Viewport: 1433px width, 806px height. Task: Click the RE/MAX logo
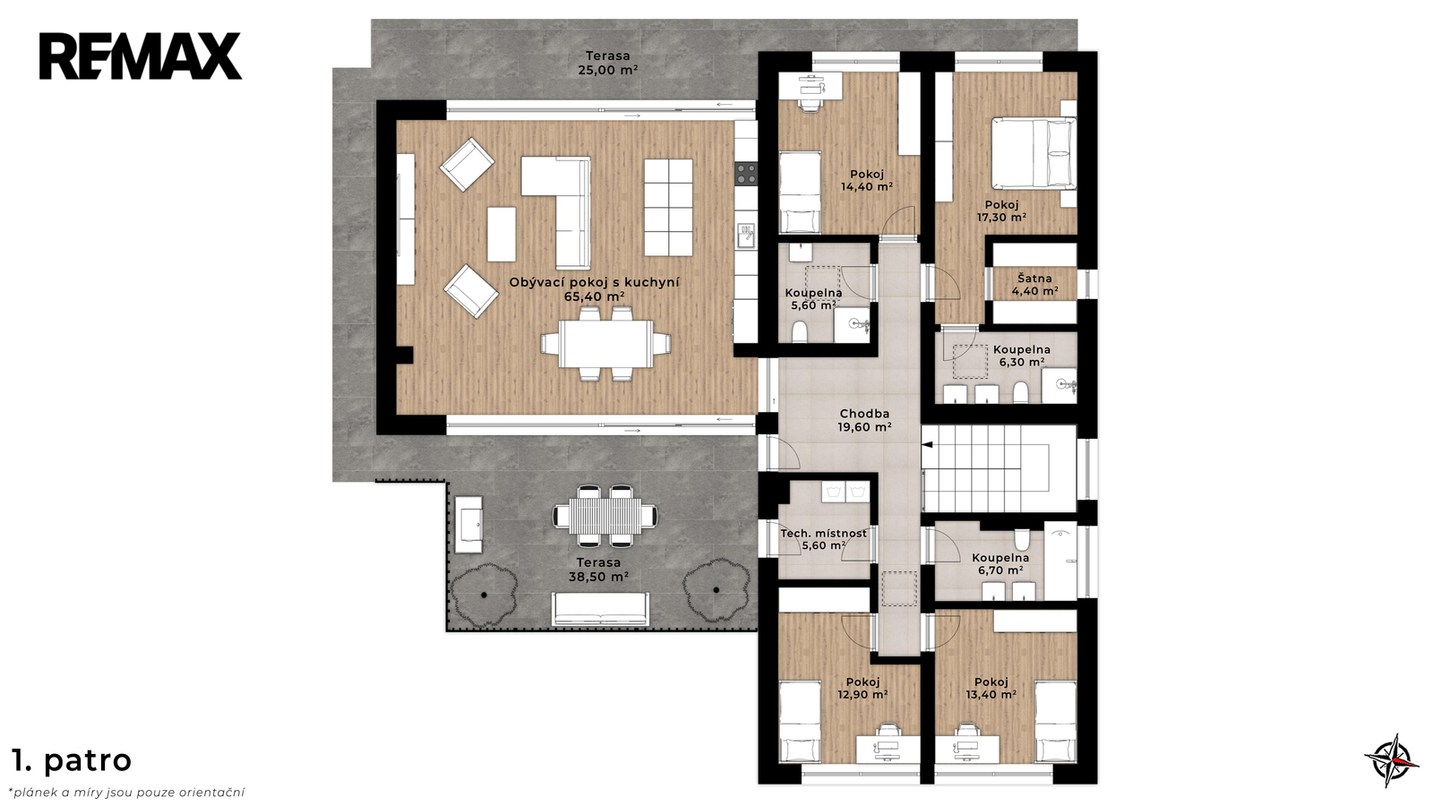pos(141,56)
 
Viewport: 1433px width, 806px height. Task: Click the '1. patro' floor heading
pos(72,760)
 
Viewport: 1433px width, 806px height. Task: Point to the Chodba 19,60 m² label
pos(864,420)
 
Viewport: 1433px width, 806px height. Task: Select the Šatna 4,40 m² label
pos(1034,285)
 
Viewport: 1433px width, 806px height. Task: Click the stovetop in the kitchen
pos(746,174)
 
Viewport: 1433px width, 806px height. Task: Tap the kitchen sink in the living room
pos(746,236)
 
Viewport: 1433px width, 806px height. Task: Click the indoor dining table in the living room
pos(605,344)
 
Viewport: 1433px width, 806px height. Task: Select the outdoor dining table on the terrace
pos(605,516)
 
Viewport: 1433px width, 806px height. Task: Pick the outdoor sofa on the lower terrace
pos(600,608)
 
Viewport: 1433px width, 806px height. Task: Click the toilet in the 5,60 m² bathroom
pos(799,332)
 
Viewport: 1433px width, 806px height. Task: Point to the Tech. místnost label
pos(823,534)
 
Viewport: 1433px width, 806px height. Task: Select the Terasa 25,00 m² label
pos(608,63)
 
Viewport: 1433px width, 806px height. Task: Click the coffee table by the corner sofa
pos(502,234)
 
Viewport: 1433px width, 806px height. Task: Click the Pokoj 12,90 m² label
pos(862,689)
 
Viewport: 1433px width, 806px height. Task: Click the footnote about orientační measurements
pos(126,793)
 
